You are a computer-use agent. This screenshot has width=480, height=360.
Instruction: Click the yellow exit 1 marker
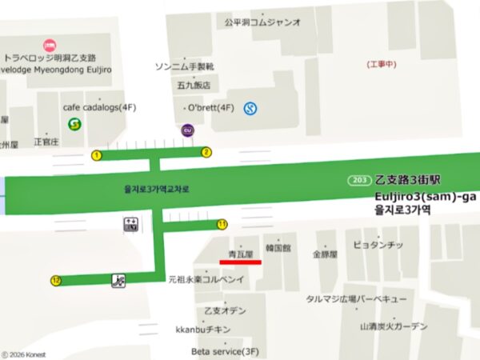(97, 155)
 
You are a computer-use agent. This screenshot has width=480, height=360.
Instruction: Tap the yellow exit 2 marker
(206, 152)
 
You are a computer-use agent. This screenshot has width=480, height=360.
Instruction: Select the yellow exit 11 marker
(222, 224)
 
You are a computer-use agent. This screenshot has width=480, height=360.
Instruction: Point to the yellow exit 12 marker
(55, 280)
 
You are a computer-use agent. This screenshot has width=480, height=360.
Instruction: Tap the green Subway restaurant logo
(74, 124)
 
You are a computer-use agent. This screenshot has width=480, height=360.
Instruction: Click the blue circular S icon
(250, 107)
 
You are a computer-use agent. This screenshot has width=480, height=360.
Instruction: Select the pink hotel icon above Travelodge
(49, 46)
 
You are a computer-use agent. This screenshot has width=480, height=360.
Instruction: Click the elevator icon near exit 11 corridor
(130, 224)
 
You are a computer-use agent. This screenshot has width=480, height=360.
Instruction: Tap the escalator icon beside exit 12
(118, 280)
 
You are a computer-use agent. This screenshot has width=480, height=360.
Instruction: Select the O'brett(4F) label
(210, 107)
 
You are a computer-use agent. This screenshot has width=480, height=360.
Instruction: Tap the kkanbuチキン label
(203, 330)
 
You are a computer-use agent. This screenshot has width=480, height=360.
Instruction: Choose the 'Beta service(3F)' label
(226, 350)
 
